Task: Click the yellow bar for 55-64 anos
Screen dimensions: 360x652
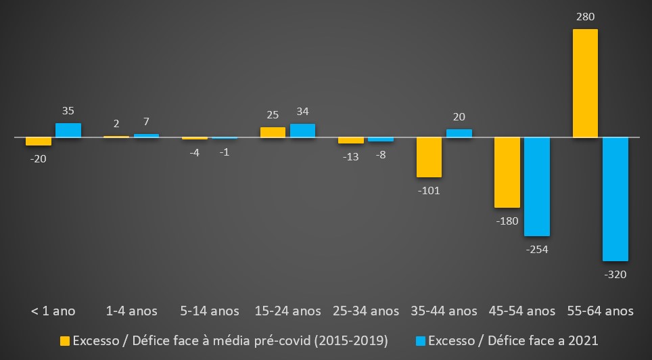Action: click(585, 83)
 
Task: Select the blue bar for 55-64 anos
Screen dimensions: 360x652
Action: click(615, 199)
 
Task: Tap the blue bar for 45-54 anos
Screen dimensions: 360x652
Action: click(537, 187)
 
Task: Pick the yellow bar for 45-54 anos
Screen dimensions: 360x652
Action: click(507, 173)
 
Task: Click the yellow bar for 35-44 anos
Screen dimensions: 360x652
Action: click(429, 157)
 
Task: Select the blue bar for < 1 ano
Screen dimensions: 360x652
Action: click(68, 131)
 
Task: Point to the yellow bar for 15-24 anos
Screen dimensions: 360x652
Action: click(273, 133)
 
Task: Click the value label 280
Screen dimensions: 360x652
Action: click(586, 16)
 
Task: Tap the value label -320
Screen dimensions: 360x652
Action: click(615, 274)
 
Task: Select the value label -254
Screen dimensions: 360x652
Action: click(536, 249)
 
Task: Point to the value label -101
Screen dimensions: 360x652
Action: click(429, 190)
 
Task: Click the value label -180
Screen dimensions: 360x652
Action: click(507, 221)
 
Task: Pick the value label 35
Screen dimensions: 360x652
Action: click(68, 110)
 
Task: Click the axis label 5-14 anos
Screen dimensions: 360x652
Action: click(210, 311)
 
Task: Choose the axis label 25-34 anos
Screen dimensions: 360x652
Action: click(366, 311)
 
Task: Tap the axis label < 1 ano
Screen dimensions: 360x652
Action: click(53, 311)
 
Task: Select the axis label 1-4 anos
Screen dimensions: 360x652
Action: click(132, 311)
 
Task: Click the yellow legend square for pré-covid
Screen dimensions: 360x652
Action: click(66, 340)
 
